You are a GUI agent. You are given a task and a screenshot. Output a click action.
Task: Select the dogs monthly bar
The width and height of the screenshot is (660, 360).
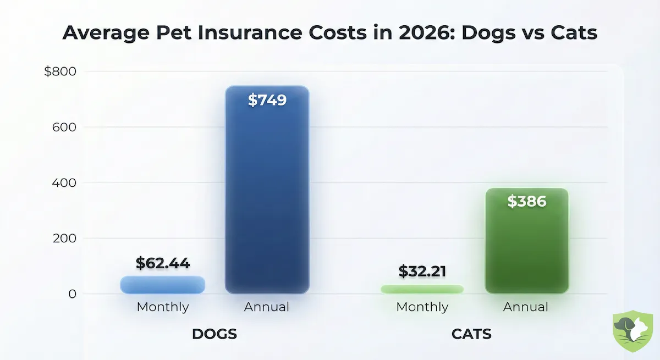click(x=162, y=284)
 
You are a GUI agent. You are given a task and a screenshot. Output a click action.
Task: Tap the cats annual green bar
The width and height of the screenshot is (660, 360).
click(x=526, y=247)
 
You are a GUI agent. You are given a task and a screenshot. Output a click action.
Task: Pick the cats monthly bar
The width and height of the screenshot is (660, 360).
click(x=422, y=289)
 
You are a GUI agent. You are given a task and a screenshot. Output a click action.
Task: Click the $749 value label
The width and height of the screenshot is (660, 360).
click(x=267, y=100)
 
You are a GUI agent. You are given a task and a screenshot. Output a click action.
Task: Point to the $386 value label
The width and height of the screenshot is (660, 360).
click(x=526, y=201)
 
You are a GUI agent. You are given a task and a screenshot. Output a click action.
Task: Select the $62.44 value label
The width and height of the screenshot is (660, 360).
click(x=163, y=263)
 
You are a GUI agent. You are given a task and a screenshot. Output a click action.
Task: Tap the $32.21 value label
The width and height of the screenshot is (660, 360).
click(x=422, y=270)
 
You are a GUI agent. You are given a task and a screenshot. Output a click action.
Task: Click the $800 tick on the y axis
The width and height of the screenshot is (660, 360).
click(x=61, y=71)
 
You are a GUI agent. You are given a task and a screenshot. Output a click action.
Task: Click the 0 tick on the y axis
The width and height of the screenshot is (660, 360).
click(x=71, y=294)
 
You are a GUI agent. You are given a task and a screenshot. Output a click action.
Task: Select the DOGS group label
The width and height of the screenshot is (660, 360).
click(x=214, y=334)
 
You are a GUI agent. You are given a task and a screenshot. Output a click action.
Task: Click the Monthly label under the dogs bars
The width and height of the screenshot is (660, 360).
click(x=163, y=307)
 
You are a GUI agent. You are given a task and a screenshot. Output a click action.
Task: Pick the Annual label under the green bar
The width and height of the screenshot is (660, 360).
click(x=526, y=307)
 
